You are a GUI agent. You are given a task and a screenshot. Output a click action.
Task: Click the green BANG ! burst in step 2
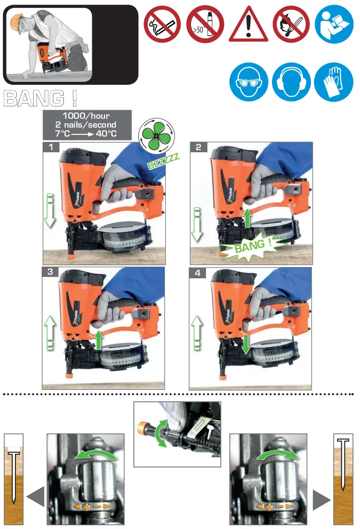(x=253, y=245)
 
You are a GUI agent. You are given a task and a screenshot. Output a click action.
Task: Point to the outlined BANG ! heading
(x=40, y=98)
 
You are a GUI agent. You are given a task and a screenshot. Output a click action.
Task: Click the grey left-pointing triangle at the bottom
(x=36, y=497)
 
